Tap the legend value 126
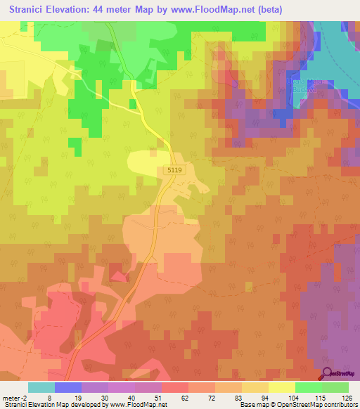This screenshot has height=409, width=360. pyautogui.click(x=347, y=397)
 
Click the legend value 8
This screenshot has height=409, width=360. pyautogui.click(x=49, y=397)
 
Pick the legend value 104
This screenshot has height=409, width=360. pyautogui.click(x=292, y=397)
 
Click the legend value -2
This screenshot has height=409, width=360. pyautogui.click(x=25, y=397)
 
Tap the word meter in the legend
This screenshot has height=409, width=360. pyautogui.click(x=12, y=397)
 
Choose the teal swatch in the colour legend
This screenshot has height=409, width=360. pyautogui.click(x=41, y=387)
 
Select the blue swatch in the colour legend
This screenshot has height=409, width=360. pyautogui.click(x=68, y=387)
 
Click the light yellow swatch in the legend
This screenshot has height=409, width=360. pyautogui.click(x=282, y=387)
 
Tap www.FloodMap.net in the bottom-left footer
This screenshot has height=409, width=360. pyautogui.click(x=136, y=405)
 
